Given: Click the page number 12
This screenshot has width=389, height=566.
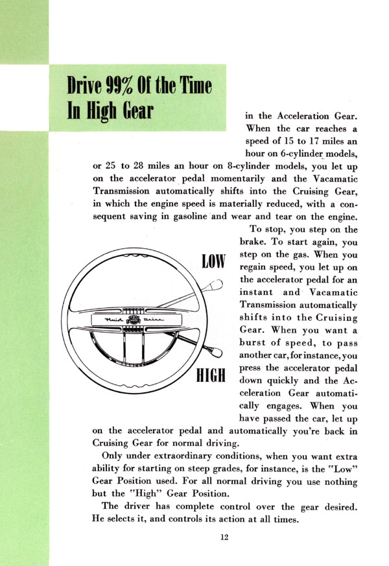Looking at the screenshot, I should [224, 536].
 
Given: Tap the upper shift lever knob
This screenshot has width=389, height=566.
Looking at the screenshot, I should [218, 287].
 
